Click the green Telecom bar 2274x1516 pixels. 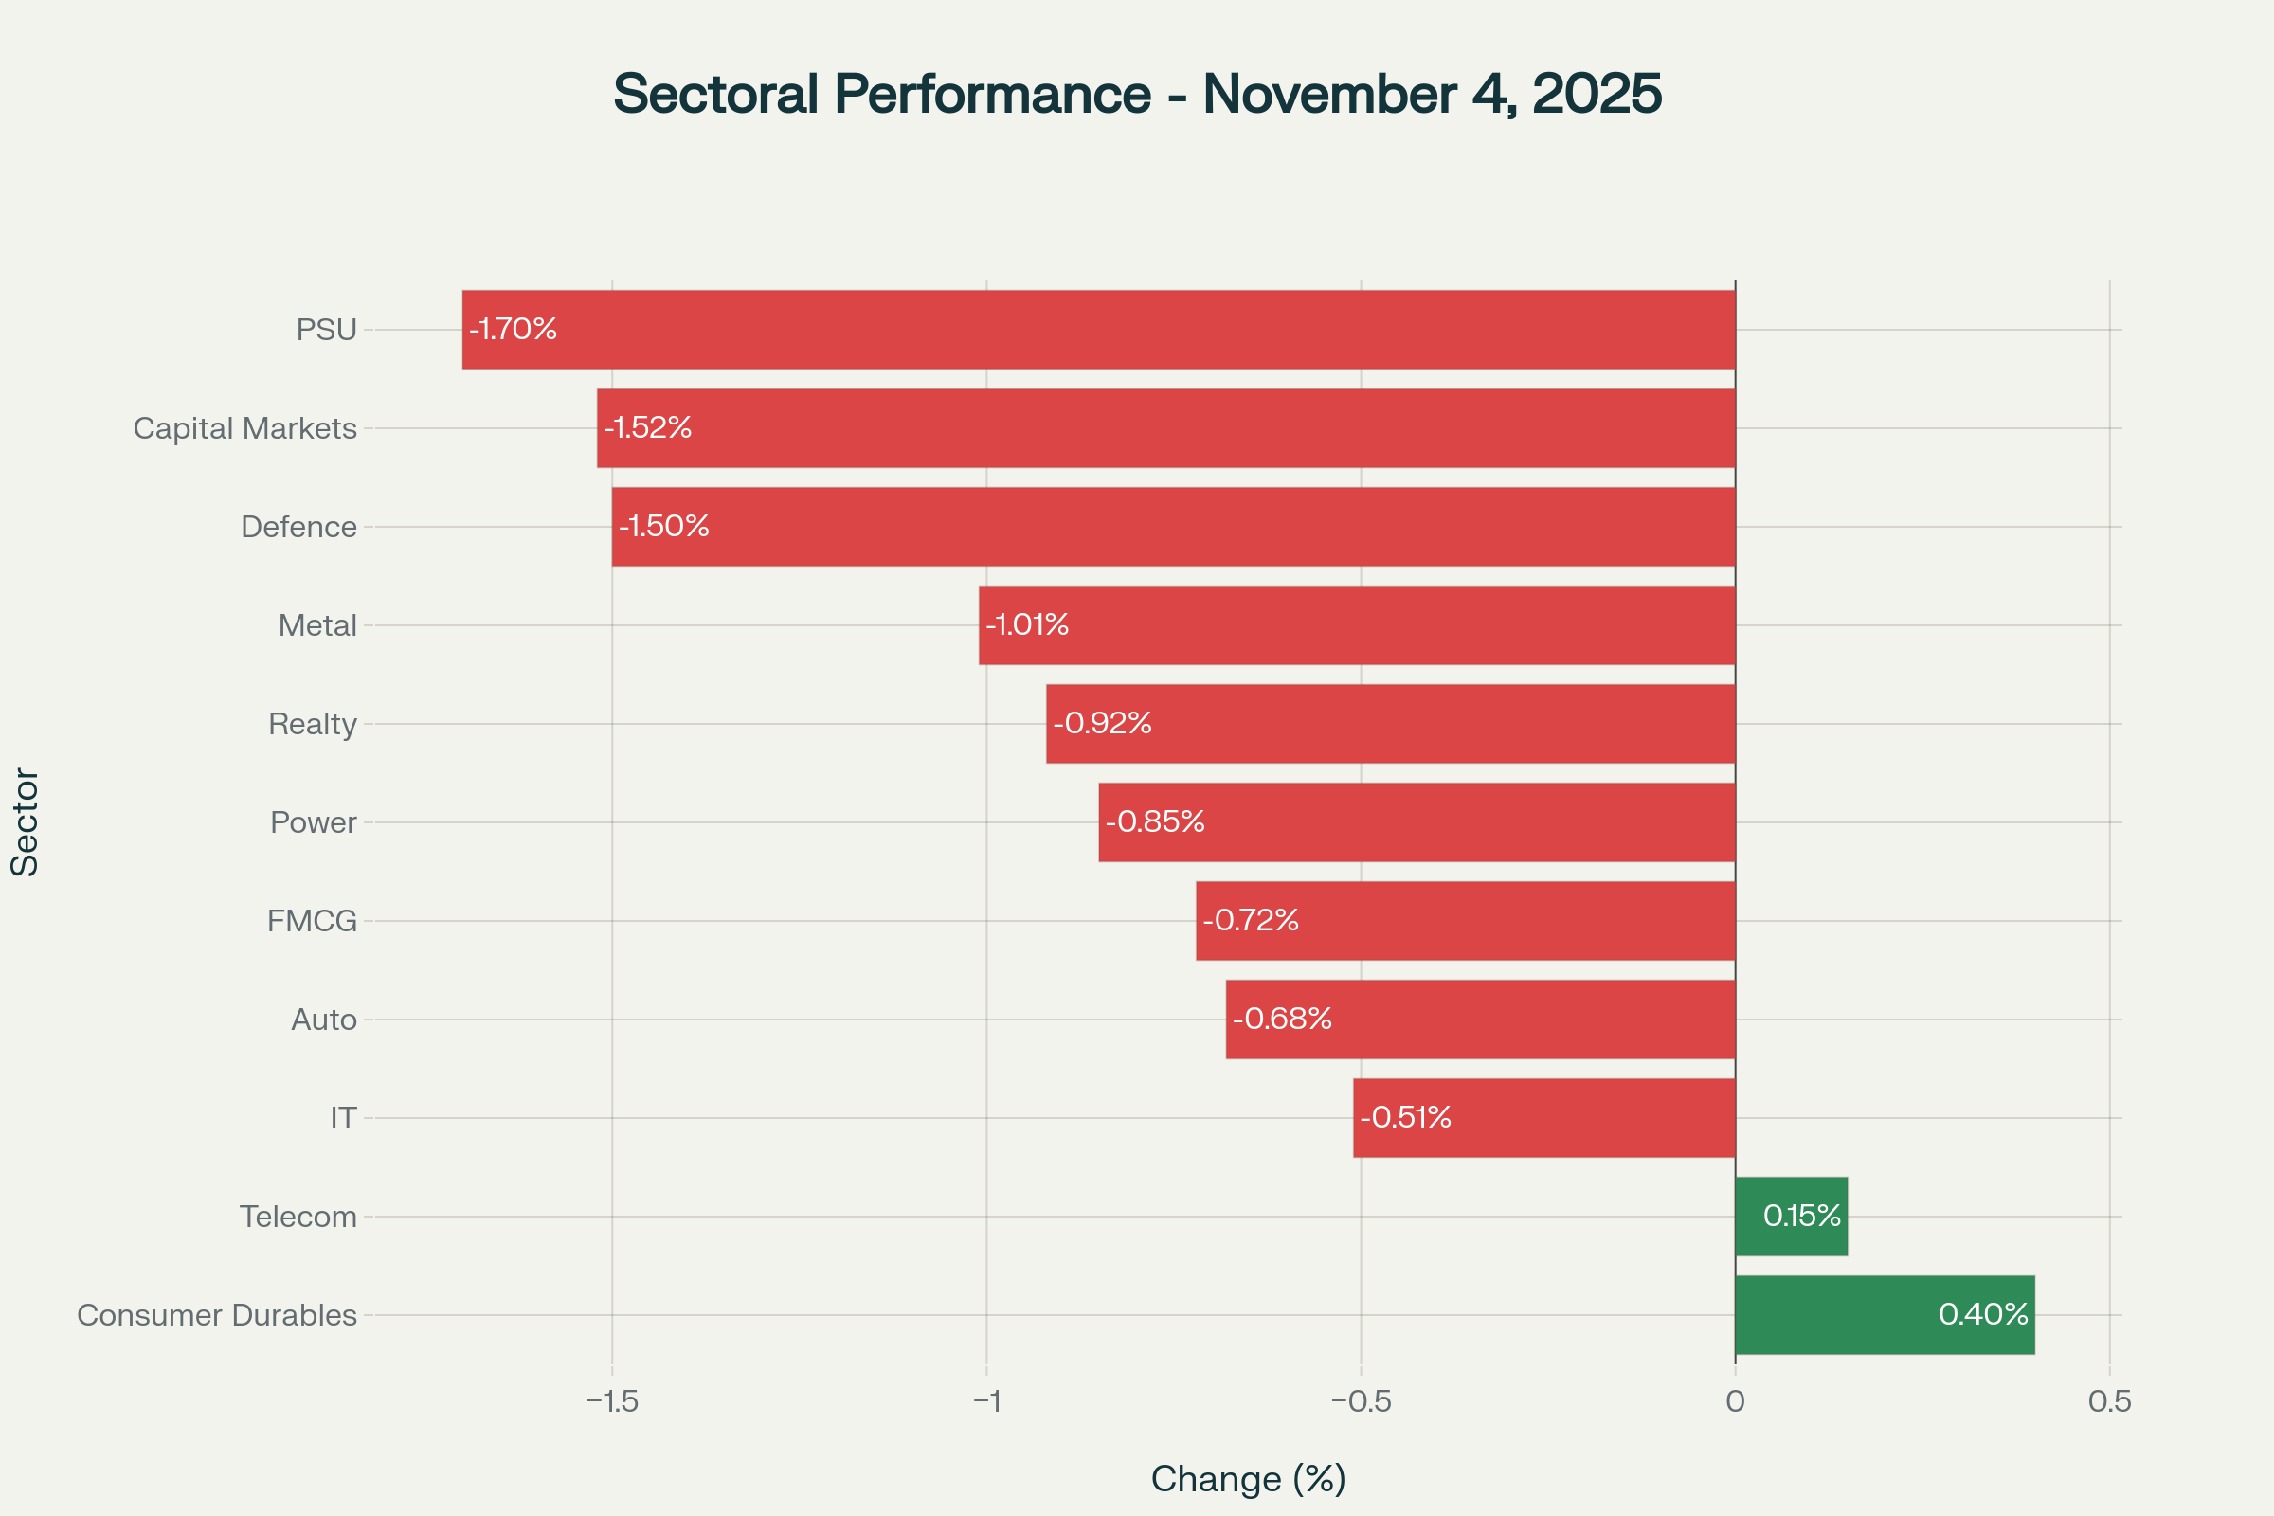click(x=1791, y=1217)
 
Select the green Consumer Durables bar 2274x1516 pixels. click(x=1884, y=1315)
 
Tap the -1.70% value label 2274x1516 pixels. click(x=514, y=329)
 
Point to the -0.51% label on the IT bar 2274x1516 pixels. click(x=1405, y=1118)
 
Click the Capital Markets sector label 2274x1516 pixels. click(x=244, y=428)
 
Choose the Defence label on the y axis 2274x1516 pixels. click(x=298, y=527)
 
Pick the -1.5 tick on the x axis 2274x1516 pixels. click(x=612, y=1401)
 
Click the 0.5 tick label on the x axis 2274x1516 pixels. click(x=2110, y=1401)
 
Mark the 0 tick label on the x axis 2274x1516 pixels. click(x=1736, y=1401)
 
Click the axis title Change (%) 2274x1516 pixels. click(x=1248, y=1479)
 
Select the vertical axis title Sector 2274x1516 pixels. click(x=26, y=822)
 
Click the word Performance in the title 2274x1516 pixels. click(x=992, y=94)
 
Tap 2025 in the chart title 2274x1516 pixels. click(x=1597, y=94)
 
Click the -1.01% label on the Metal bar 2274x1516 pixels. click(x=1027, y=624)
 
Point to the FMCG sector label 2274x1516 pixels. click(x=312, y=921)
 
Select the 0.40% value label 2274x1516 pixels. click(x=1983, y=1314)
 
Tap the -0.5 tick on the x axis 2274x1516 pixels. click(x=1361, y=1401)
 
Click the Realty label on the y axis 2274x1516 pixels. click(x=313, y=724)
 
